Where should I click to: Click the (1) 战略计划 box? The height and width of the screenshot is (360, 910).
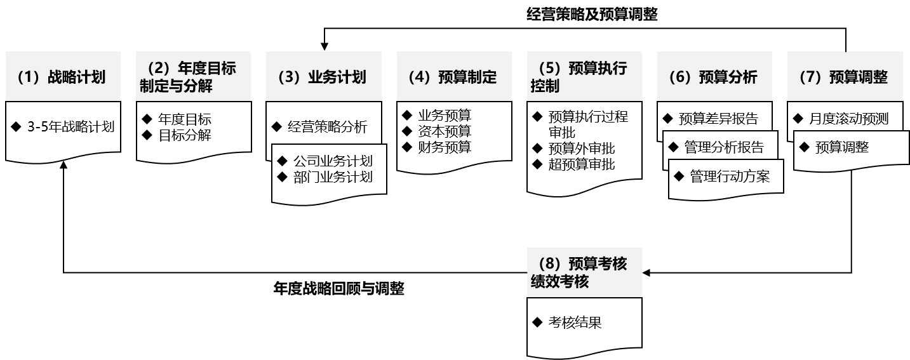tap(63, 77)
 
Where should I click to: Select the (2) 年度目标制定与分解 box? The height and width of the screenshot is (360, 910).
tap(193, 77)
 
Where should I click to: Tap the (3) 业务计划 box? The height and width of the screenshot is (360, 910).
tap(323, 77)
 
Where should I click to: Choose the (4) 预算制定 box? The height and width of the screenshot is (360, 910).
tap(454, 77)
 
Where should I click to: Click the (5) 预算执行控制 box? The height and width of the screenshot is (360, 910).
tap(584, 77)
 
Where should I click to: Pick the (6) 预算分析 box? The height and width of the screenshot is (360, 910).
tap(714, 77)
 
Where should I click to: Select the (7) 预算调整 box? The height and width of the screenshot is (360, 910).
tap(845, 77)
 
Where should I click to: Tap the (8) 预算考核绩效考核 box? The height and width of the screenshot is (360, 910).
tap(584, 272)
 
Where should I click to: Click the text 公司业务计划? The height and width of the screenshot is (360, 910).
tap(333, 161)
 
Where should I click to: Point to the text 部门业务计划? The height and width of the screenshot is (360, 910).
tap(333, 177)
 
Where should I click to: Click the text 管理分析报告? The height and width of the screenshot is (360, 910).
tap(724, 147)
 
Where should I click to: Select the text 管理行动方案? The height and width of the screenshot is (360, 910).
tap(730, 177)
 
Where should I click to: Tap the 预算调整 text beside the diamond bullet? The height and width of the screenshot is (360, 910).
tap(841, 147)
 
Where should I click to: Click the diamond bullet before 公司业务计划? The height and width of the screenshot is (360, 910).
tap(283, 161)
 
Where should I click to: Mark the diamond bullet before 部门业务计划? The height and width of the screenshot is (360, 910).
tap(283, 177)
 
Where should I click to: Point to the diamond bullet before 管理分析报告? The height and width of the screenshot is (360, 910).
tap(674, 147)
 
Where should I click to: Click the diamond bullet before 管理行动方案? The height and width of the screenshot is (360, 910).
tap(679, 176)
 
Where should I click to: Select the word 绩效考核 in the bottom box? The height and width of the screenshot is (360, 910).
tap(560, 281)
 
